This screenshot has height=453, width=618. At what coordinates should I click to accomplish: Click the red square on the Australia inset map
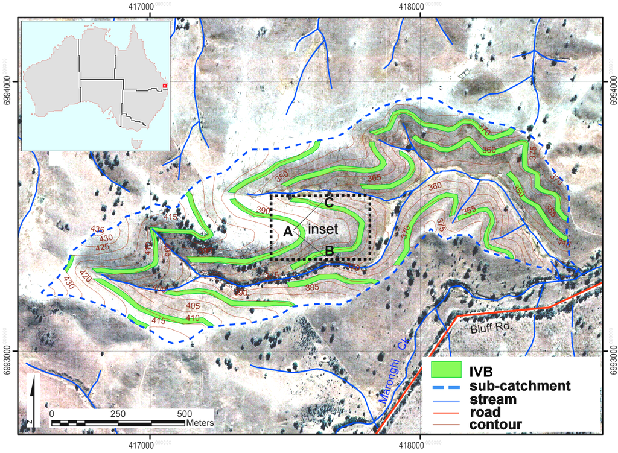point(165,86)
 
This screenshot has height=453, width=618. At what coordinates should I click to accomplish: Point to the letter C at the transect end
point(329,203)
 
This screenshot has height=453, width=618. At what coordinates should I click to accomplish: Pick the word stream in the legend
point(493,399)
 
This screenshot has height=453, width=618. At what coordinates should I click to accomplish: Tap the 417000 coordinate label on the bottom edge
point(150,445)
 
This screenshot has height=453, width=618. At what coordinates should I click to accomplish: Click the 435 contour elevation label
point(97,229)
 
